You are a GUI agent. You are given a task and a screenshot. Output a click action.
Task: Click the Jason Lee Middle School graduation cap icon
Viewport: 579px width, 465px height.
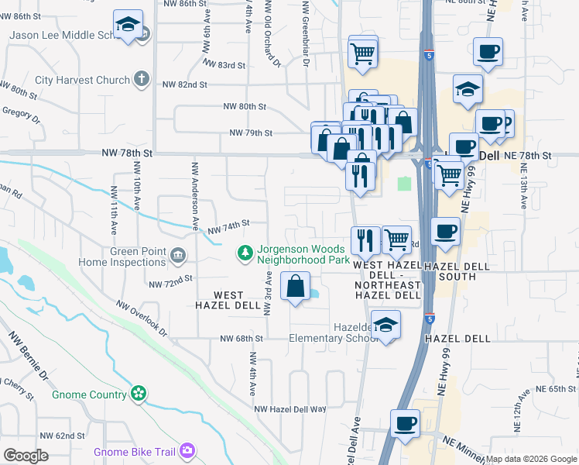[128, 23]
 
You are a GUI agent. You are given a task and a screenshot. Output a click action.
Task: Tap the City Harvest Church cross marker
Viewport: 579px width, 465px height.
[141, 78]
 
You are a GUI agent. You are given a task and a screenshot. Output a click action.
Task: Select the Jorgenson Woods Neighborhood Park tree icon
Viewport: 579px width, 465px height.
[245, 253]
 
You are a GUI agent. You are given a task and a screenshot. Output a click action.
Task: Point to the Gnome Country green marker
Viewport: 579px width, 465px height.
[139, 394]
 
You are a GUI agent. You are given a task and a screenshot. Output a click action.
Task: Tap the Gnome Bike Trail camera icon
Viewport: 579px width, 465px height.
[187, 450]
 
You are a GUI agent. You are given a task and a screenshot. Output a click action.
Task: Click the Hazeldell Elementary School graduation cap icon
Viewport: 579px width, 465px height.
[385, 325]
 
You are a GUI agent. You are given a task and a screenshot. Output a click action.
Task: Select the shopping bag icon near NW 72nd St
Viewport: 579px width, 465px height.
[296, 286]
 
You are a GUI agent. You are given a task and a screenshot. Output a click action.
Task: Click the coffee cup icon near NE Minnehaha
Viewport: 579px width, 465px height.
[406, 424]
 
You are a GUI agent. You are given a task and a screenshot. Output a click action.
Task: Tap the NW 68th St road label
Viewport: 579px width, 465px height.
[242, 339]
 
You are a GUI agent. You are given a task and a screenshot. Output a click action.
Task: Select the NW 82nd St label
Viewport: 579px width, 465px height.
[184, 84]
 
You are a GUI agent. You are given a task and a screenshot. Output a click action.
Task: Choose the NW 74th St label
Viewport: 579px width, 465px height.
[228, 224]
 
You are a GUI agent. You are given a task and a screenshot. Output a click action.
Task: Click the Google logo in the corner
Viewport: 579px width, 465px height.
[26, 455]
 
